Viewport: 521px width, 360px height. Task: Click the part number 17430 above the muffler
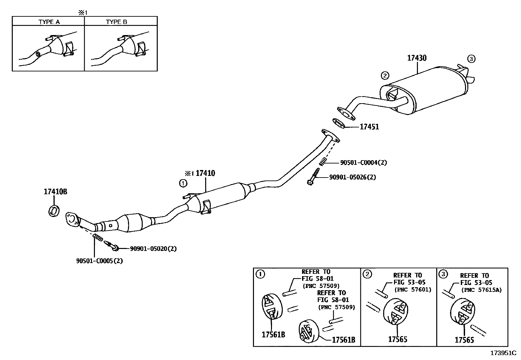point(417,58)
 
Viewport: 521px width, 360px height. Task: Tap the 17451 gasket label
point(369,127)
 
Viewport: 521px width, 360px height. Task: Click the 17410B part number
point(55,192)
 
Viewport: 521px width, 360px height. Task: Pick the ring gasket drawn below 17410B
point(54,211)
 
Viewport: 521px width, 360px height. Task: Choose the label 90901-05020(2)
point(153,249)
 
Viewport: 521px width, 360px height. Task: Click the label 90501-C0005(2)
point(99,261)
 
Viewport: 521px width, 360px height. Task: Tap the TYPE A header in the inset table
point(49,22)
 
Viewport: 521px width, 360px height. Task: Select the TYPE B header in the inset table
point(117,22)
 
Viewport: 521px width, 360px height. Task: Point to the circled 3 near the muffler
point(471,59)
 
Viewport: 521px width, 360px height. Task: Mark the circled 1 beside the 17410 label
point(183,183)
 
